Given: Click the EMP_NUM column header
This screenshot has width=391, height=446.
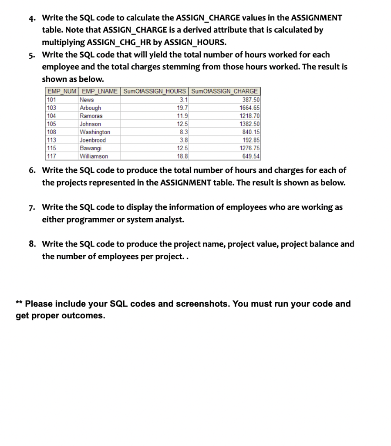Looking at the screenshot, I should pyautogui.click(x=61, y=91).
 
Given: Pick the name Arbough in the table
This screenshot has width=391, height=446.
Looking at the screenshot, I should pyautogui.click(x=90, y=108).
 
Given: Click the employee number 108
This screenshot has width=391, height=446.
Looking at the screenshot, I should pyautogui.click(x=52, y=132).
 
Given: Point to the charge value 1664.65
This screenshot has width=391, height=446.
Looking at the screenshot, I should pyautogui.click(x=250, y=108).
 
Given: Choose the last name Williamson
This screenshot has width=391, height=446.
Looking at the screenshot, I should pyautogui.click(x=94, y=156).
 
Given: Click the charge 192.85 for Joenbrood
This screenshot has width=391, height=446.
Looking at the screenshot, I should pyautogui.click(x=251, y=140).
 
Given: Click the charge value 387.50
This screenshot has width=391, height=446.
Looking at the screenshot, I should pyautogui.click(x=251, y=100).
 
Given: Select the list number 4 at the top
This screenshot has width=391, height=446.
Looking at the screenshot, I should pyautogui.click(x=32, y=18).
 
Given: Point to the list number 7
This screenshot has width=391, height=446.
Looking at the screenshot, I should pyautogui.click(x=32, y=207).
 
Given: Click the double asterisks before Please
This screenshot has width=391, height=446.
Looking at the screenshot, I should pyautogui.click(x=20, y=304).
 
